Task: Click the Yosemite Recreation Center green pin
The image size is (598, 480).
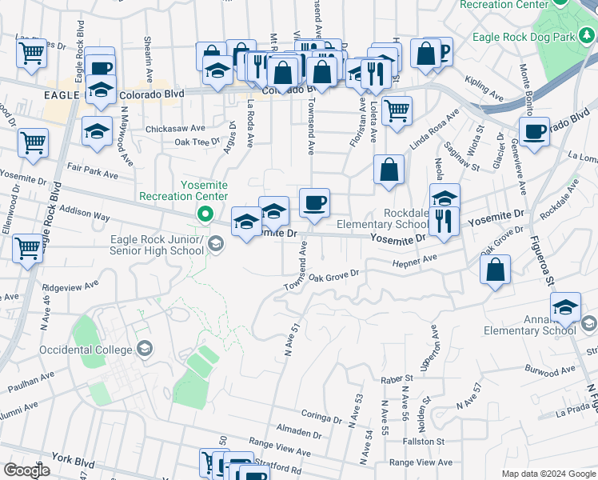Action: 205,214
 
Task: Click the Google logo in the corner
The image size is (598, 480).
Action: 26,470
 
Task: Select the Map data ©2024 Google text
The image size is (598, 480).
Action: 548,473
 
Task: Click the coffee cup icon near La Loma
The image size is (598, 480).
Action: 534,131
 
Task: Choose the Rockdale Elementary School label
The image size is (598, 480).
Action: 384,219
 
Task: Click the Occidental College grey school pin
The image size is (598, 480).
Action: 145,349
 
